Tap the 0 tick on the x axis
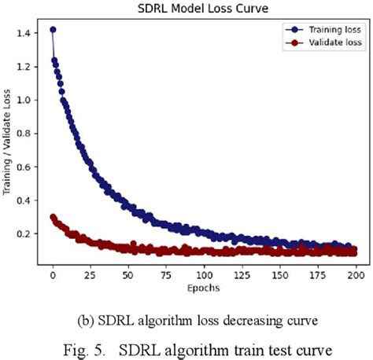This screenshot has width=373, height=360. [53, 276]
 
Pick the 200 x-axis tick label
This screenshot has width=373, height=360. [356, 276]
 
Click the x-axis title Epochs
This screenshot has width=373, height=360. [203, 288]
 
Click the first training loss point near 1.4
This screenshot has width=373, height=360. [53, 30]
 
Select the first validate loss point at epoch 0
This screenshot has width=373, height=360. [53, 218]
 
